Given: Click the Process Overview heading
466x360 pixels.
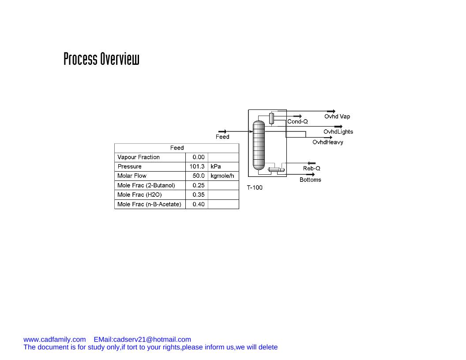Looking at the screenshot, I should [x=101, y=59].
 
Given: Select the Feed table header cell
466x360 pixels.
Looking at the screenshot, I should [x=177, y=148].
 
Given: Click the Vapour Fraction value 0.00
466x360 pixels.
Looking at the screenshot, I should [x=198, y=157].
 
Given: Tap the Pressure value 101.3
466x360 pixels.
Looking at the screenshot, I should [x=197, y=166].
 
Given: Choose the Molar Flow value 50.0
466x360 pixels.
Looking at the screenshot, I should [x=198, y=176].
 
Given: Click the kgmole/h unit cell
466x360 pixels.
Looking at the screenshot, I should [x=222, y=176].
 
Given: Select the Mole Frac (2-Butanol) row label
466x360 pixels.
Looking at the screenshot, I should [x=146, y=185].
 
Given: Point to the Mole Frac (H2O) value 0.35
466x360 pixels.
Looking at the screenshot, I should [x=198, y=195].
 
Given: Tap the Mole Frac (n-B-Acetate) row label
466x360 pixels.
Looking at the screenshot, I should [x=149, y=204].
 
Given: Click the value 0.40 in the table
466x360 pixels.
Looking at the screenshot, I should [x=198, y=204].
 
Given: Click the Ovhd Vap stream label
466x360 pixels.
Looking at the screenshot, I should [x=337, y=116].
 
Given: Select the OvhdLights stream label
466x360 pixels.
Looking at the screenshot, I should [x=338, y=131].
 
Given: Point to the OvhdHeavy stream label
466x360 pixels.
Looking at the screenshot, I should [x=327, y=142].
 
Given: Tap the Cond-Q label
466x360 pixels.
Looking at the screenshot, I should [x=297, y=121].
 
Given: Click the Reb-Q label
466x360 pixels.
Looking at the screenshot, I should [x=312, y=169].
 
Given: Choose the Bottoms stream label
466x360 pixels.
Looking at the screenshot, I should [x=310, y=180].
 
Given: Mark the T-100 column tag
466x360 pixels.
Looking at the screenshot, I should [x=255, y=187].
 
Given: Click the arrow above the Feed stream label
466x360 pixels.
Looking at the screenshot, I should [x=222, y=131].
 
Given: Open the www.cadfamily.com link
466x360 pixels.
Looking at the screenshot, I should [x=54, y=339].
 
